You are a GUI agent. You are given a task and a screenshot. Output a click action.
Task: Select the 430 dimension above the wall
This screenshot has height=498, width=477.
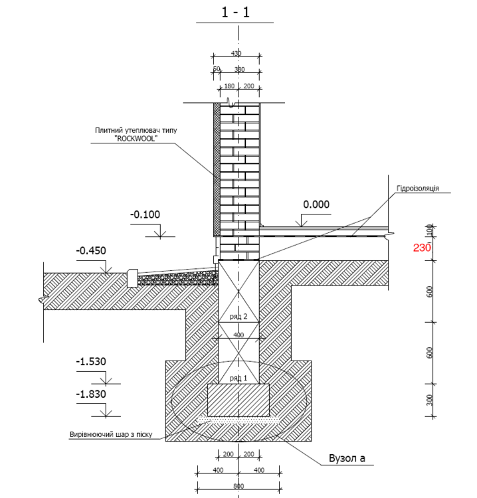[x=236, y=53]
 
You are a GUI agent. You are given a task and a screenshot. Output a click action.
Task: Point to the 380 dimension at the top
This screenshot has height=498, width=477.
[x=239, y=69]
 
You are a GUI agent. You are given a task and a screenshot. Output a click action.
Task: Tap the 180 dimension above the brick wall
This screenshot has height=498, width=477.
[x=228, y=86]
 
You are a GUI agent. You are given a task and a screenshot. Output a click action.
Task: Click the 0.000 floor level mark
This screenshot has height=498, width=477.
[x=316, y=205]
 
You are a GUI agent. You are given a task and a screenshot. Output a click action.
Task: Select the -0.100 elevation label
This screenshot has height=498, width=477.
[x=145, y=215]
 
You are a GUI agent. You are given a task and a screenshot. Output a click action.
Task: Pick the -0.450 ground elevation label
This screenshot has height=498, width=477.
[x=91, y=251]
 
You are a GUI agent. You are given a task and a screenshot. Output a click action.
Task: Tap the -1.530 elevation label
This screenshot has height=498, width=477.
[x=91, y=362]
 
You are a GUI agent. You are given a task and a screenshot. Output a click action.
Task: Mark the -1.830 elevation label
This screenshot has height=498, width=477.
[x=91, y=394]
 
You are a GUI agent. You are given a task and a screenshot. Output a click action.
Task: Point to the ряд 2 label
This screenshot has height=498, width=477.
[x=238, y=317]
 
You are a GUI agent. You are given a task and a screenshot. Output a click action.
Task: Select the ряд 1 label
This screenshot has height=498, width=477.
[x=238, y=377]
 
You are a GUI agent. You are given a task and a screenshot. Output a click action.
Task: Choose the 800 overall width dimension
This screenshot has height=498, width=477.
[x=238, y=487]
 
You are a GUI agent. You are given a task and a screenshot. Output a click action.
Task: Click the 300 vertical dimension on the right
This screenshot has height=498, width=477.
[x=430, y=400]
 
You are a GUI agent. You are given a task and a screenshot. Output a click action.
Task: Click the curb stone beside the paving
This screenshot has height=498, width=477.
[x=132, y=277]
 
